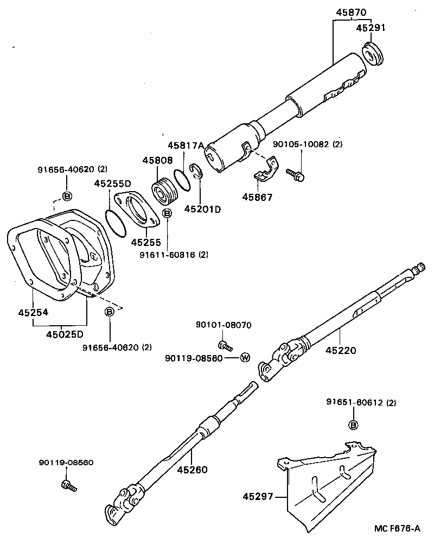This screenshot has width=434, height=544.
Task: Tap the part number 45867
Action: (x=257, y=197)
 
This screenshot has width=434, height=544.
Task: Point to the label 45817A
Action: (x=185, y=145)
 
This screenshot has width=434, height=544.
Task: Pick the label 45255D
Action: (x=112, y=184)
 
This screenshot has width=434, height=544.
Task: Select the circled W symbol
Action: (x=245, y=357)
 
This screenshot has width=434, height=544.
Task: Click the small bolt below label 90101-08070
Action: (x=224, y=344)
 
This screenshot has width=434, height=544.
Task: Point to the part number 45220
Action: (x=341, y=350)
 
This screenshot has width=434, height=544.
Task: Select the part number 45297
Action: (x=258, y=496)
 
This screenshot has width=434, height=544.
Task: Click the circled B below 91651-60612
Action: (x=353, y=425)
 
